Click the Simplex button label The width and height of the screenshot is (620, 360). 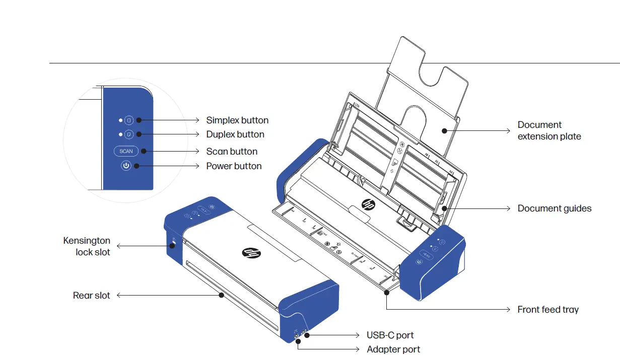(237, 120)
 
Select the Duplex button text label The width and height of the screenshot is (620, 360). (235, 134)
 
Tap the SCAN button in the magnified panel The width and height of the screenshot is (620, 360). (126, 151)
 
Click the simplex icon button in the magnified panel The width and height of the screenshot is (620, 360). (128, 120)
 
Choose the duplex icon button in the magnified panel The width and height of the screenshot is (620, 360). (128, 134)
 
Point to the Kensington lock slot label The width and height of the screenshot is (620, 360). (87, 246)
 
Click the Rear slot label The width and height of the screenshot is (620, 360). (91, 296)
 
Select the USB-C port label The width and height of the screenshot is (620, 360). (390, 335)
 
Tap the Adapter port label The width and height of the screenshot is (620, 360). (393, 349)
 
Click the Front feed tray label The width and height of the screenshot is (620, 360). (548, 310)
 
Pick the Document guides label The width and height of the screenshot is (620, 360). (555, 208)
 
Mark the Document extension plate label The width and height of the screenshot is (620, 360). (549, 130)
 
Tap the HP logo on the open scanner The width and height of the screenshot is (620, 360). (368, 205)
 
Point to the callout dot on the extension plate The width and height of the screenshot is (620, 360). (444, 130)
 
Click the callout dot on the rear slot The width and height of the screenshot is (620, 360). (221, 296)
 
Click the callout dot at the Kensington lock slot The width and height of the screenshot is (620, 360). (173, 246)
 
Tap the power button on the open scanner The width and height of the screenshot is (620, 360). (419, 262)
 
